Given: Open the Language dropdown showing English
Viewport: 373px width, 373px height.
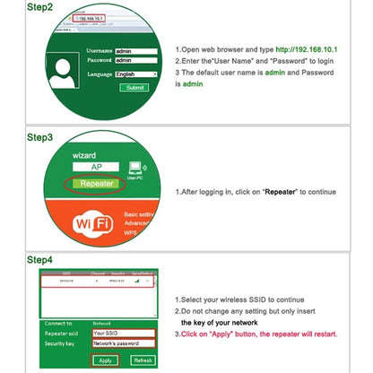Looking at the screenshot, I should (136, 74).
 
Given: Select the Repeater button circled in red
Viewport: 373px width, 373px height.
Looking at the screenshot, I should (98, 184).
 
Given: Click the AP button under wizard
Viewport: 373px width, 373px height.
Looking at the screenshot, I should (98, 168).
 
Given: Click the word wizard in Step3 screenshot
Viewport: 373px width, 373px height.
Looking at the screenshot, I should (83, 154).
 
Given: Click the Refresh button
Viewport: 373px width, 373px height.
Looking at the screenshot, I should (143, 360).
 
